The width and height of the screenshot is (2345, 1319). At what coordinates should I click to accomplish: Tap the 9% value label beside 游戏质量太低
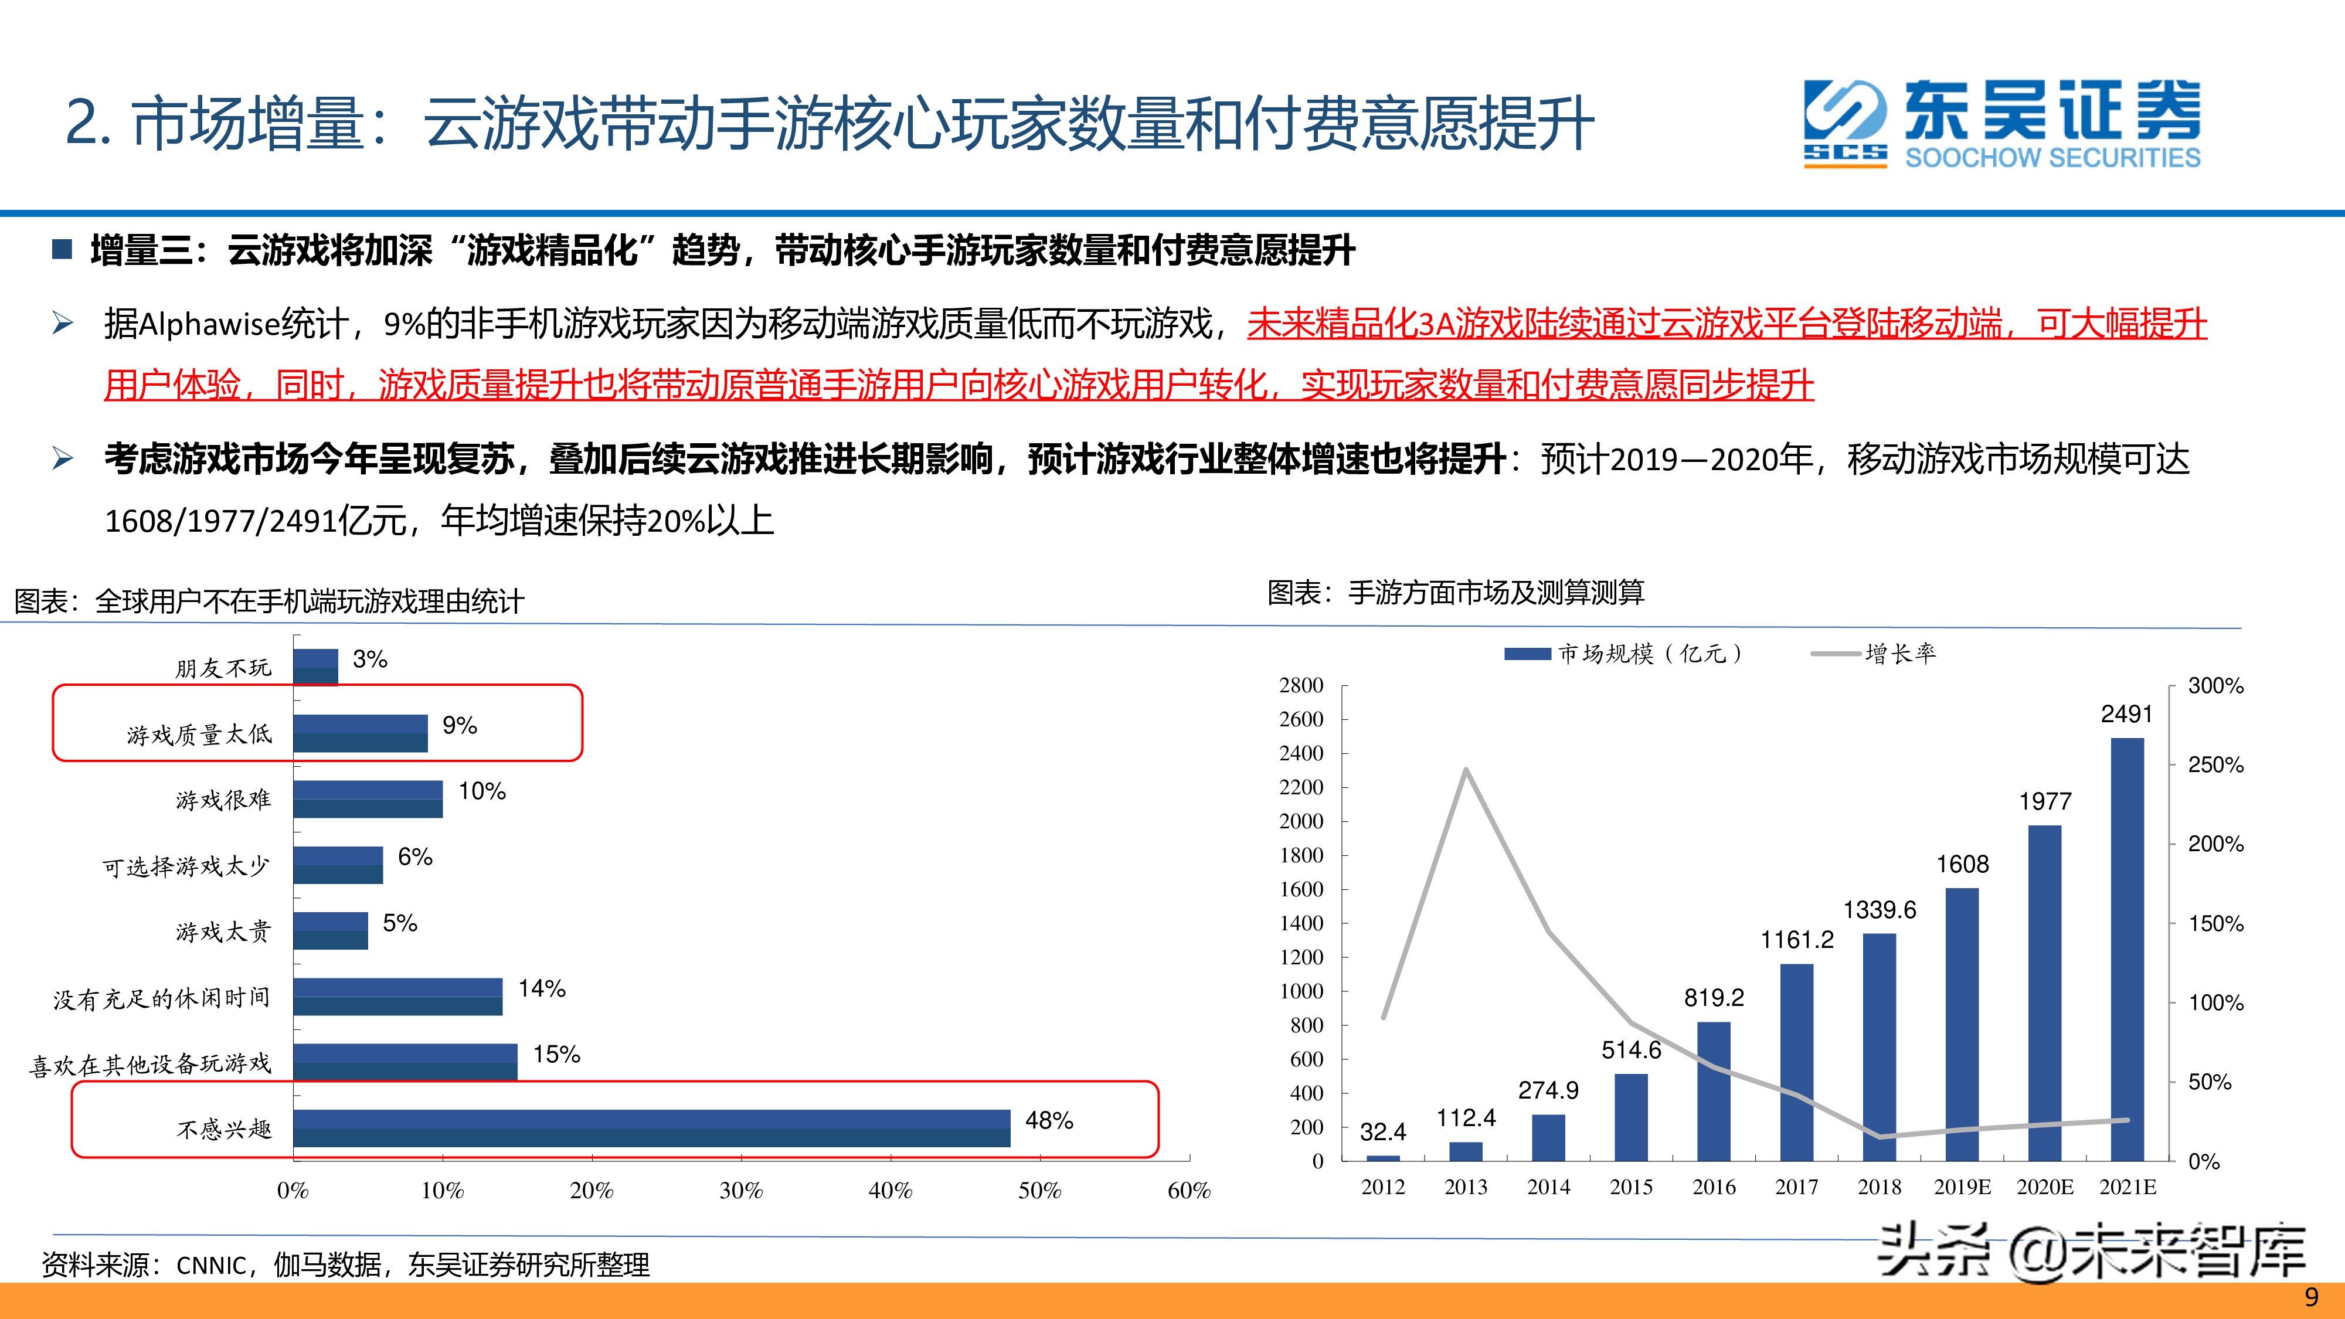click(460, 726)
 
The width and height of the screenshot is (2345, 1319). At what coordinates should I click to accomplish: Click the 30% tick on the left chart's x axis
click(741, 1190)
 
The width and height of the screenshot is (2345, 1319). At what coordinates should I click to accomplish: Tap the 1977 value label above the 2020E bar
click(2045, 801)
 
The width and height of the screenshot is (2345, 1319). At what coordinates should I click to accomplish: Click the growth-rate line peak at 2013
click(1466, 770)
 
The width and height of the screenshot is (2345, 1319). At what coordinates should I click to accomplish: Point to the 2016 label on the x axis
click(1713, 1187)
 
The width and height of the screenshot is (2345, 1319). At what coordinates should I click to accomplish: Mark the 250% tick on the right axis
click(2215, 764)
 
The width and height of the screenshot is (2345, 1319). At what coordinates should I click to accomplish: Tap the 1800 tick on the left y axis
click(1301, 855)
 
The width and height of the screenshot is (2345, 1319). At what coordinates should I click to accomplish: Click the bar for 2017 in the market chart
click(1796, 1062)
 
